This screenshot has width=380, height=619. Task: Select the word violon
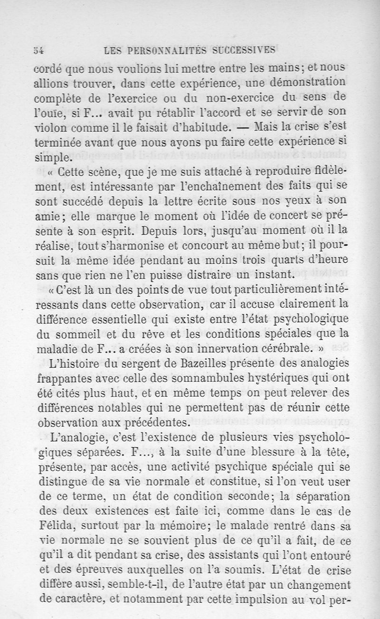[x=49, y=128]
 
